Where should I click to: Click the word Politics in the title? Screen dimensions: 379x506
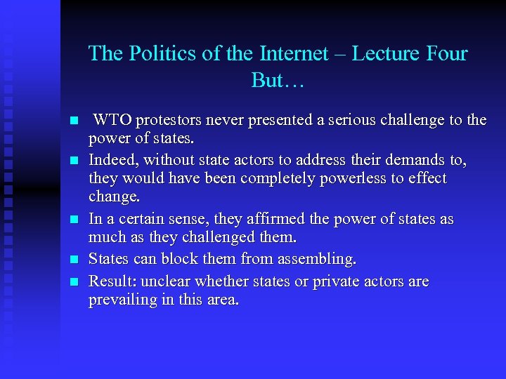(x=155, y=54)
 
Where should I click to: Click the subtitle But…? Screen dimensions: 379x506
(x=277, y=81)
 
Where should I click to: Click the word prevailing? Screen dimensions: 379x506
(x=122, y=300)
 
